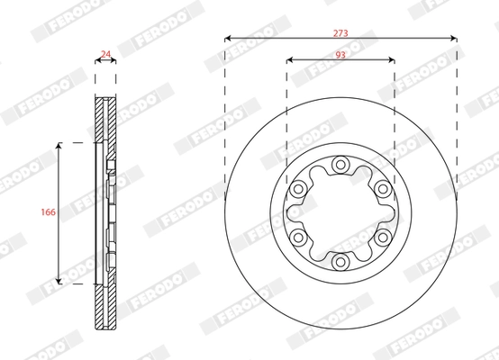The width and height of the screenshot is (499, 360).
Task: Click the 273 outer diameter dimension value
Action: pyautogui.click(x=340, y=31)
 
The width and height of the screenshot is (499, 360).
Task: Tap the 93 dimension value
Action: pyautogui.click(x=340, y=54)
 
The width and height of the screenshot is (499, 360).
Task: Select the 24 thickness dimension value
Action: pyautogui.click(x=105, y=54)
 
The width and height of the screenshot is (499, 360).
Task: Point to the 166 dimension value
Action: pyautogui.click(x=50, y=212)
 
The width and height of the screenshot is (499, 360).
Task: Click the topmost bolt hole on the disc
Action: pyautogui.click(x=340, y=165)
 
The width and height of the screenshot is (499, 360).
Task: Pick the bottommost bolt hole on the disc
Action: pyautogui.click(x=340, y=262)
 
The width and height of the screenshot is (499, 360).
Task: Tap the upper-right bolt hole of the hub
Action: pyautogui.click(x=382, y=189)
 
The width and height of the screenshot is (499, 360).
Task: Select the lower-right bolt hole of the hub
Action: pyautogui.click(x=382, y=238)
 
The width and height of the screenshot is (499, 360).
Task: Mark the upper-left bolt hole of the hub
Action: pyautogui.click(x=297, y=189)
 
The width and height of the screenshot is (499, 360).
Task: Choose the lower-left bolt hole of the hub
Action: pyautogui.click(x=297, y=238)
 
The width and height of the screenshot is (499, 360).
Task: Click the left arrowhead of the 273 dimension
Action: pyautogui.click(x=228, y=39)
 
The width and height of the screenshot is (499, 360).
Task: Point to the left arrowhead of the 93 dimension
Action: pyautogui.click(x=290, y=61)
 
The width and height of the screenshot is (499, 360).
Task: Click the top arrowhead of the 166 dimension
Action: pyautogui.click(x=59, y=144)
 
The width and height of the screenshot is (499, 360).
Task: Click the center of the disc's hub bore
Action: pyautogui.click(x=340, y=213)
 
